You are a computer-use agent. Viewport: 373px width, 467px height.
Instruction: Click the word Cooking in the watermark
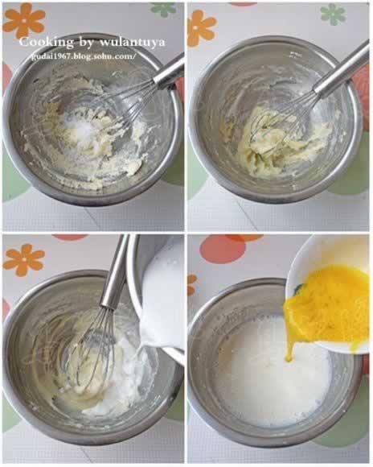(46, 42)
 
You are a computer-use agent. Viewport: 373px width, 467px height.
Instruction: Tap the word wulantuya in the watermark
(132, 42)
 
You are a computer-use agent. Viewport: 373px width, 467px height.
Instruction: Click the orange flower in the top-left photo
(24, 20)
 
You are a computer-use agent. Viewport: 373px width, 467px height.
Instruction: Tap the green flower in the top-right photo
(333, 14)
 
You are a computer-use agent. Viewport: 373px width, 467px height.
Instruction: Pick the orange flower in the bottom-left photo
(24, 260)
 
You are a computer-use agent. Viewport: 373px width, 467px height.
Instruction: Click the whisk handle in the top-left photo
(168, 72)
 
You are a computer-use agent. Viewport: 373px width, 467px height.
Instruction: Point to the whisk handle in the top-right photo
(342, 68)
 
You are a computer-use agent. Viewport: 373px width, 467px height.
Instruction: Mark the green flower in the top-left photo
(164, 10)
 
